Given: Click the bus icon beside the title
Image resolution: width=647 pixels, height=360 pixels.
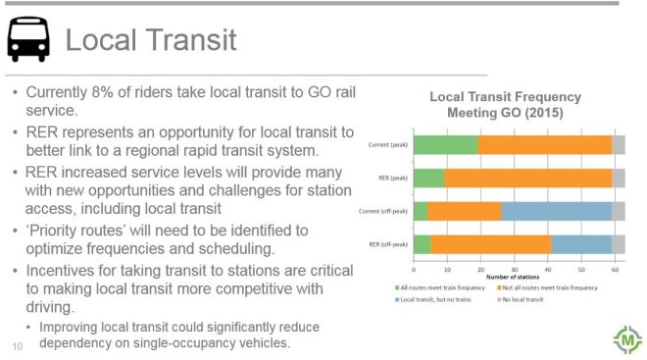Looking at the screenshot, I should (27, 41).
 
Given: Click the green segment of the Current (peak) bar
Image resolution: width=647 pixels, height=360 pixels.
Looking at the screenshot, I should (446, 145).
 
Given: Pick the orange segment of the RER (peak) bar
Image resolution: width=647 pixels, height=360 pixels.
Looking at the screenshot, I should (527, 178).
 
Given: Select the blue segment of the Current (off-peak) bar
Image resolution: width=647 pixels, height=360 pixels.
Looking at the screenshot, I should (556, 210).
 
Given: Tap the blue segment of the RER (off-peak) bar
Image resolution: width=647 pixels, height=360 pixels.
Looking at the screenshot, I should (580, 242).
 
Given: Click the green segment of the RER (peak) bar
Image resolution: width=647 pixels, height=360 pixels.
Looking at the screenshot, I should (428, 178).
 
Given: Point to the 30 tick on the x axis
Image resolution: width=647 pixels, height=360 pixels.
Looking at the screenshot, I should (515, 269).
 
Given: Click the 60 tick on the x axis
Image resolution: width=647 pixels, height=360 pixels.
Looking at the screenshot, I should (615, 269).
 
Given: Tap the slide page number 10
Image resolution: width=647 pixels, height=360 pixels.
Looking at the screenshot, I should (17, 346).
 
